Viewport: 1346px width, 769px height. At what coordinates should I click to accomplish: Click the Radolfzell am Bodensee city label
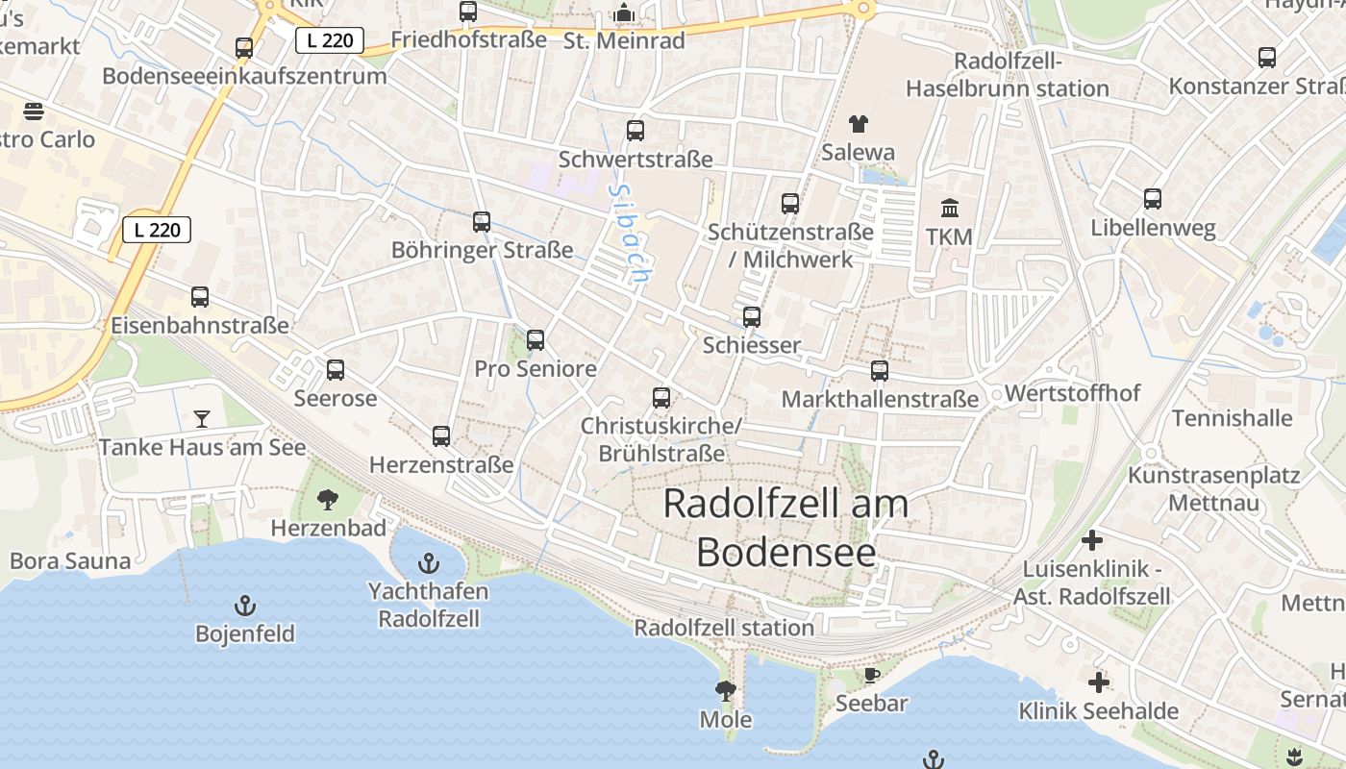(x=785, y=528)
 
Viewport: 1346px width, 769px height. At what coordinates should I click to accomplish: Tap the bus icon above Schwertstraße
(x=636, y=131)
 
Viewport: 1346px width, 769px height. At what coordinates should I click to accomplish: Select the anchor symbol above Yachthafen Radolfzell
(x=429, y=564)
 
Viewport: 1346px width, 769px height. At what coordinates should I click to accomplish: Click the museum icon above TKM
(x=950, y=208)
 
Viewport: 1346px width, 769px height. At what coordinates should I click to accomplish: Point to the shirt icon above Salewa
(x=858, y=124)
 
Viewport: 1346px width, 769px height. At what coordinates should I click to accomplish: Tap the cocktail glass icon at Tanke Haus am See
(x=202, y=418)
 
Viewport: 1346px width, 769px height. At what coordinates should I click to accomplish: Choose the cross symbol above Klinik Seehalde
(x=1098, y=683)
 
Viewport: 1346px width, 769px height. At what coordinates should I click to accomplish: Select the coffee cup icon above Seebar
(x=871, y=675)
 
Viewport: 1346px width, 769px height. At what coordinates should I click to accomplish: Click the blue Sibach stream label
(x=630, y=234)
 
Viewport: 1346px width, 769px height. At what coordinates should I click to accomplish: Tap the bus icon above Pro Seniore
(x=536, y=340)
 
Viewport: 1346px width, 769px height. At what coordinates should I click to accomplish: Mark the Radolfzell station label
(x=724, y=628)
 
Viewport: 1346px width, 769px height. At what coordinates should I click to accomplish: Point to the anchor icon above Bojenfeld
(x=245, y=606)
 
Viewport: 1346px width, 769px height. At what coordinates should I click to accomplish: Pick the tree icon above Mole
(x=725, y=690)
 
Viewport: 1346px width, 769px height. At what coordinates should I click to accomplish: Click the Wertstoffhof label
(x=1072, y=393)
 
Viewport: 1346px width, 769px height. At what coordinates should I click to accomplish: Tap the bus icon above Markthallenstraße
(x=880, y=371)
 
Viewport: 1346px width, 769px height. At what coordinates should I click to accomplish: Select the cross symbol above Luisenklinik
(x=1091, y=540)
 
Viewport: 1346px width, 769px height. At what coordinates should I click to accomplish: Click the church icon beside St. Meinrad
(x=624, y=13)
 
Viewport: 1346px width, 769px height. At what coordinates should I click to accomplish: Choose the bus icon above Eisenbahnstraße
(x=200, y=297)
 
